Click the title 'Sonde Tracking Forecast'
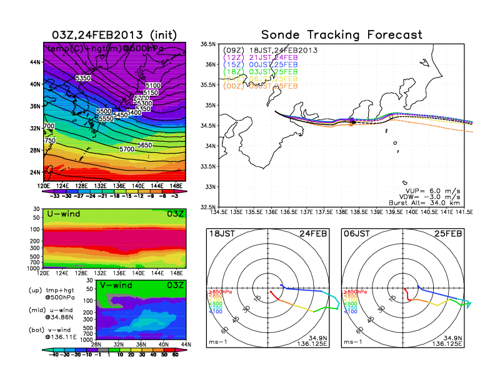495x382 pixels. (x=341, y=34)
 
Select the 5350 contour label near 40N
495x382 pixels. (x=83, y=78)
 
